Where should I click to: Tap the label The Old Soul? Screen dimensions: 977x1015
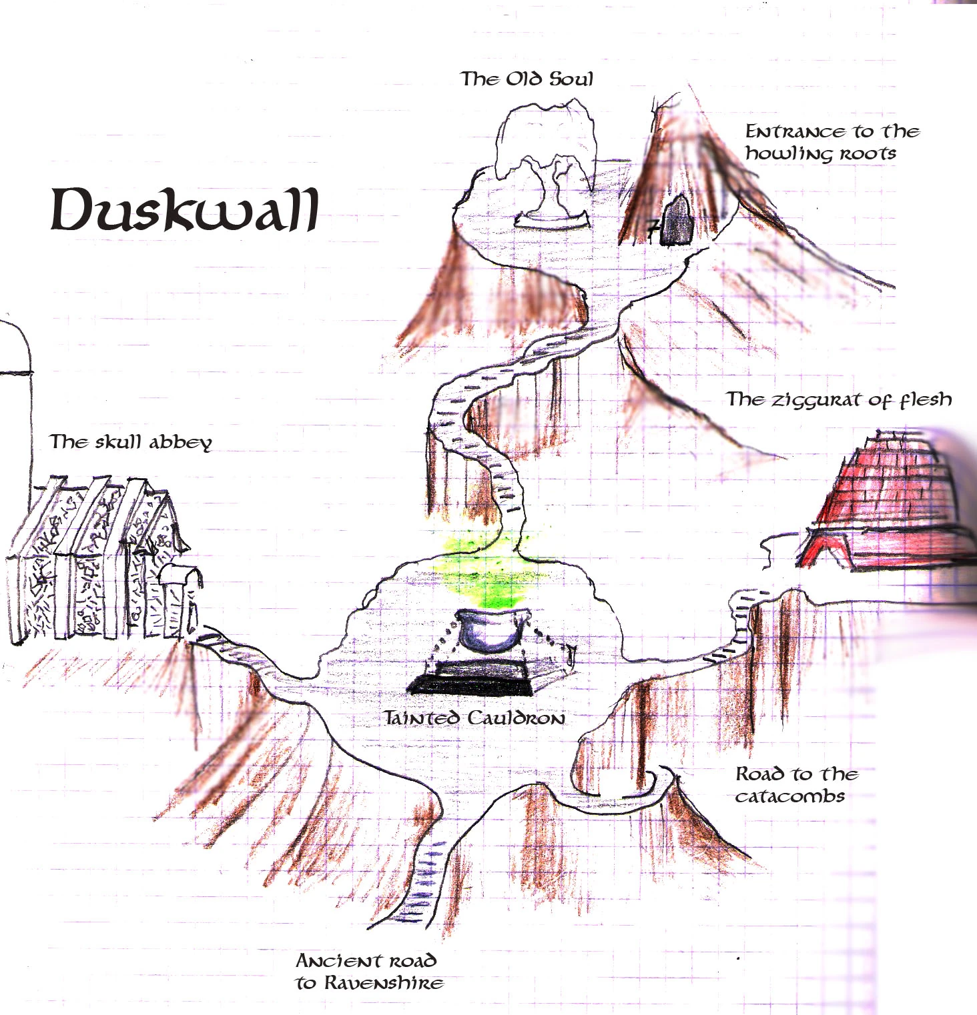527,79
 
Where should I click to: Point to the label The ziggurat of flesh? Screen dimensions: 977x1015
838,399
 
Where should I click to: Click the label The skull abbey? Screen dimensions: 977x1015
131,442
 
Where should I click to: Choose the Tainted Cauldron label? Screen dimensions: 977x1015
474,718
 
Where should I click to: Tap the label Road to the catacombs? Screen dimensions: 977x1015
795,785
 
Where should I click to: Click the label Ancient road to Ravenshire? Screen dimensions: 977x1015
369,972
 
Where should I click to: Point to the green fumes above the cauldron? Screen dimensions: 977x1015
491,570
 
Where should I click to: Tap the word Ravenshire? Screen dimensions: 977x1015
384,983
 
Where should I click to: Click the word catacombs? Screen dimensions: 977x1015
790,796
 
